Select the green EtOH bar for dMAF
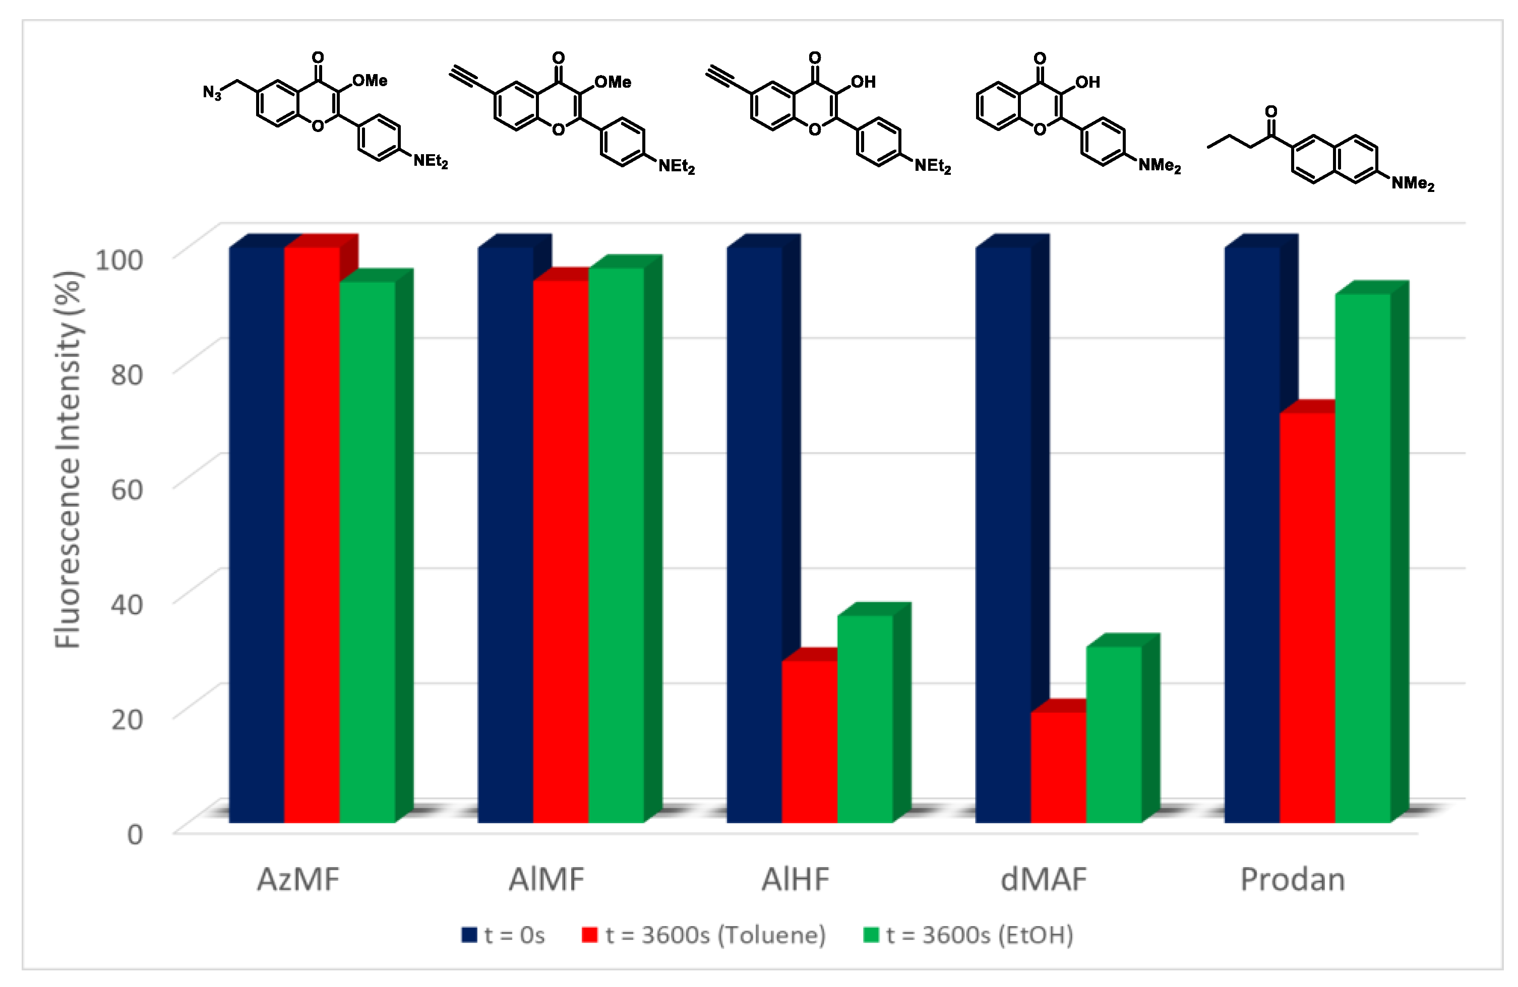1114,733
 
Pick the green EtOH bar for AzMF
368,552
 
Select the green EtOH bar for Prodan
1362,558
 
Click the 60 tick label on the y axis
126,490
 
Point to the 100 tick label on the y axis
118,259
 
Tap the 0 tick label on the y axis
135,834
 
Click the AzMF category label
298,880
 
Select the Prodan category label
1292,880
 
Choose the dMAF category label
1044,880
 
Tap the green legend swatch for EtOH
871,935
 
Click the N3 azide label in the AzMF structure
212,93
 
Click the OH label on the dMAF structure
1087,82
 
